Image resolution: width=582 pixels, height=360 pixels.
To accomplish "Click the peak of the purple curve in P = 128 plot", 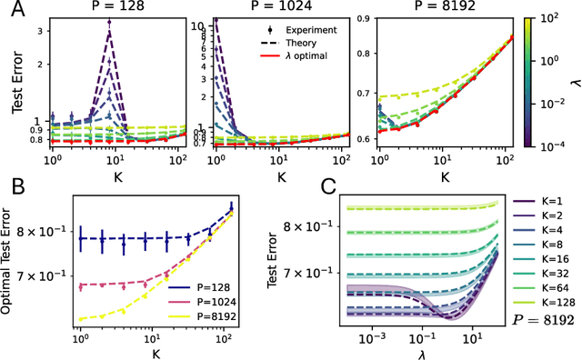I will [x=109, y=31].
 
